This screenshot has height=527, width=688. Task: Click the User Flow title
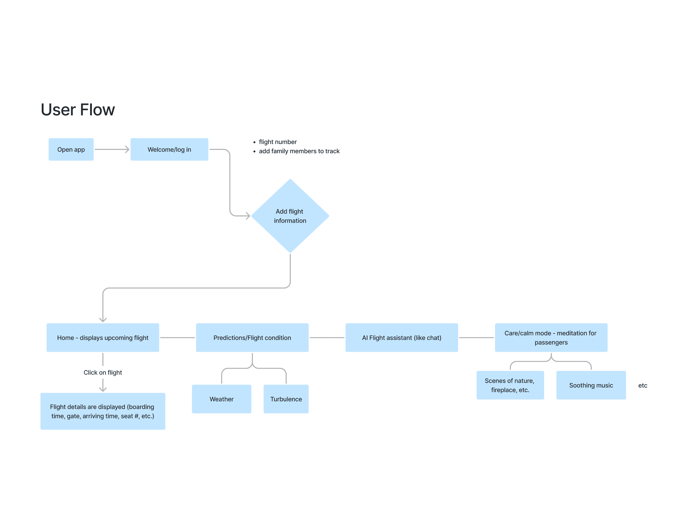coord(78,110)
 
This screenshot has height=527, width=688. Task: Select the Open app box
coord(71,150)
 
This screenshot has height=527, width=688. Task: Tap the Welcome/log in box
coord(169,150)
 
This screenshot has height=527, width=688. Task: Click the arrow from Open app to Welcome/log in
coord(112,150)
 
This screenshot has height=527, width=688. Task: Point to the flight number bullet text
coord(277,142)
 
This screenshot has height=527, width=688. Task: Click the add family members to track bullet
coord(299,151)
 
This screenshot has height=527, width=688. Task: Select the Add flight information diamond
coord(290,216)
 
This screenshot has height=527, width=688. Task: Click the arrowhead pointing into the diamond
coord(248,216)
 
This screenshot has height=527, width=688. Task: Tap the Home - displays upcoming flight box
coord(103,338)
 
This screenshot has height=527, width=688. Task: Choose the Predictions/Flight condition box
coord(252,338)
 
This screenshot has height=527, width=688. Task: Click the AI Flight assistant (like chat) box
coord(401,338)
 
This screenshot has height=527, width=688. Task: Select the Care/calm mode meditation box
coord(551,338)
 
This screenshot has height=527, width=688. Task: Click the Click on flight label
coord(103,373)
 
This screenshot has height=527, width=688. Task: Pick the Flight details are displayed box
coord(103,411)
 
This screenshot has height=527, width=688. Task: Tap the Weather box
coord(221,399)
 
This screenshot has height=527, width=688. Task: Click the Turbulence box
coord(286,399)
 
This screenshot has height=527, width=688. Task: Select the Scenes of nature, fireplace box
coord(510,386)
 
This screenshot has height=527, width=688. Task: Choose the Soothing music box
coord(591,386)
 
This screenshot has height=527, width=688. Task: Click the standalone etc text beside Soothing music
coord(642,386)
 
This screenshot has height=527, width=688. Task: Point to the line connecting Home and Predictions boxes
coord(177,338)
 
